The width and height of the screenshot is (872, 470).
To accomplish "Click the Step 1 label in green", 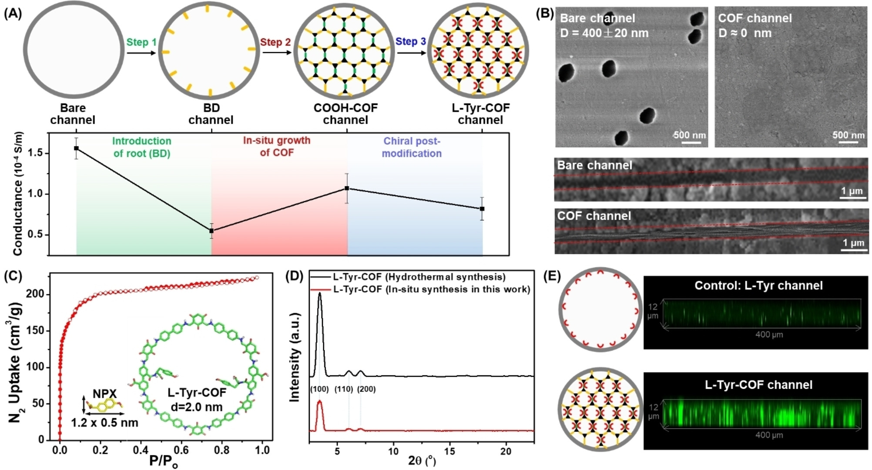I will click(141, 42).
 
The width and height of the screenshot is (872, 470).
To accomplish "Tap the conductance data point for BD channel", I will click(211, 231).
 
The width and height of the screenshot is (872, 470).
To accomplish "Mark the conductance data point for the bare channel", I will click(77, 148).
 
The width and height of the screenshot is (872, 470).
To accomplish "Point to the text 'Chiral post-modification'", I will click(412, 147).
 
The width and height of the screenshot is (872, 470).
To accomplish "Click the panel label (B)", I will click(545, 13).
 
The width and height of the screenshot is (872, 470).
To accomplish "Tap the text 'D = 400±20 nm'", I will click(604, 33).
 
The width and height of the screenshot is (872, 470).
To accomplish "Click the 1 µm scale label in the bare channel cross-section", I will click(852, 191).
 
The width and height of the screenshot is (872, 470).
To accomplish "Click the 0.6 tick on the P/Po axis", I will click(181, 450).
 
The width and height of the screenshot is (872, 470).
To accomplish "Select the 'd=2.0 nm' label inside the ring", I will click(197, 407).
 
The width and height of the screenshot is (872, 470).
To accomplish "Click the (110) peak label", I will click(343, 389).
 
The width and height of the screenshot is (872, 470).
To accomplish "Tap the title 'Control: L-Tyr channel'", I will click(758, 285).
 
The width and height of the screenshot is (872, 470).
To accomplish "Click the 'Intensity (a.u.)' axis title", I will click(295, 357).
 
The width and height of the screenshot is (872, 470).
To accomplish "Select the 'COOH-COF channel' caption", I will click(345, 114).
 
